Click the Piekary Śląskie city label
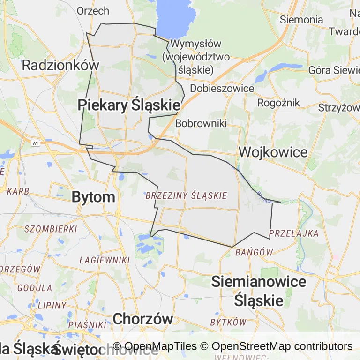[x=129, y=105]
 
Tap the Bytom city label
[x=93, y=197]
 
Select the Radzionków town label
[x=61, y=65]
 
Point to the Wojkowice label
[x=273, y=152]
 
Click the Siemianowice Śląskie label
[x=259, y=291]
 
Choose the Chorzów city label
[x=143, y=319]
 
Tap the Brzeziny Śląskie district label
[x=186, y=195]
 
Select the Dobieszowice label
[x=222, y=88]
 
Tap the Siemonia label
[x=301, y=20]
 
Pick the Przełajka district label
[x=294, y=233]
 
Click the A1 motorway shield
[x=37, y=142]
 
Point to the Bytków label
[x=228, y=322]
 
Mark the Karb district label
[x=18, y=191]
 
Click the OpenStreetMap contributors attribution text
[x=282, y=346]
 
